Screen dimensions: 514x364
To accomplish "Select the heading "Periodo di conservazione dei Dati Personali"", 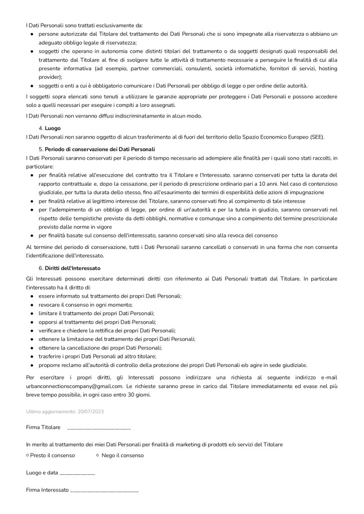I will point(100,150).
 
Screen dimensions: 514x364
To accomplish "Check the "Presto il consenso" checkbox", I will point(27,455).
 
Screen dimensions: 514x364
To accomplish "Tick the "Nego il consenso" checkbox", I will point(97,455).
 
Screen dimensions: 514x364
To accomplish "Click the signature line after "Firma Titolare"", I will point(98,428).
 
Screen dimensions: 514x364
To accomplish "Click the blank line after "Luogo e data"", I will point(77,473).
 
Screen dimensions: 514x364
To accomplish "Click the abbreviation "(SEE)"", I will point(317,137).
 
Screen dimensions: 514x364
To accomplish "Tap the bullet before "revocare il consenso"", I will point(32,305).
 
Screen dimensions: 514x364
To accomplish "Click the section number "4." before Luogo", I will point(41,128).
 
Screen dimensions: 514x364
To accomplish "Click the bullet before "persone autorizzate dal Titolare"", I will point(32,34).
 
